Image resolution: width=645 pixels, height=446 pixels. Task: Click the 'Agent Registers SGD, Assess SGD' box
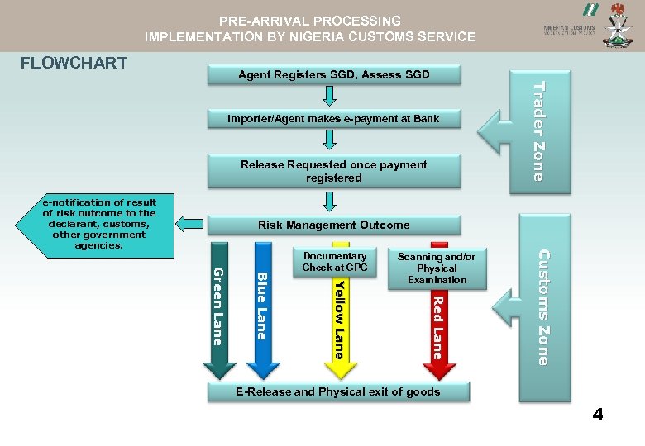tap(333, 75)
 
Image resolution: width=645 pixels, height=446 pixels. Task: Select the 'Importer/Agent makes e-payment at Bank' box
tap(333, 119)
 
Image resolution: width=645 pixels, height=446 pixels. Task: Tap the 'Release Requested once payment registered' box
tap(333, 171)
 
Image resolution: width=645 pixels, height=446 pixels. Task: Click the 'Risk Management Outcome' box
tap(333, 225)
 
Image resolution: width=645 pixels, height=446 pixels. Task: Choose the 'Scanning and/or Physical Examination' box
tap(437, 268)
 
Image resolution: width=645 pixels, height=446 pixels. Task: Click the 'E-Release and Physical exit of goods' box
tap(337, 391)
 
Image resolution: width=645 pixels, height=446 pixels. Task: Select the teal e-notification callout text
tap(98, 224)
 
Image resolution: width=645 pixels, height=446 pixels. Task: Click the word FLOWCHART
tap(74, 63)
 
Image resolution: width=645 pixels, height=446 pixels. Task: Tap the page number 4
tap(597, 415)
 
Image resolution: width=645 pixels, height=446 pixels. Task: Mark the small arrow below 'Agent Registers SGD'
tap(330, 97)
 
